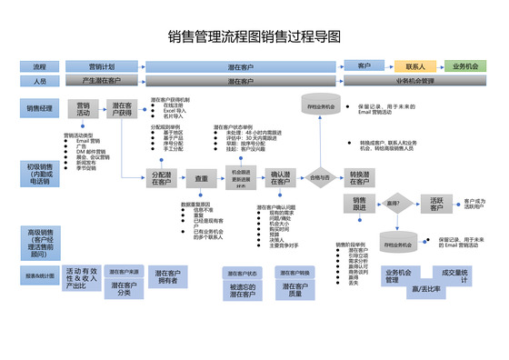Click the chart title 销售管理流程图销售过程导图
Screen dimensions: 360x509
254,37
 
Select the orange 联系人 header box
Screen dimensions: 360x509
415,66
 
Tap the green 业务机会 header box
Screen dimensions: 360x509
466,66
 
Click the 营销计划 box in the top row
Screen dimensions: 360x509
102,66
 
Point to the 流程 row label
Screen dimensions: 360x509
40,66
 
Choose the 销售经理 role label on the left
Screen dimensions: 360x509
40,108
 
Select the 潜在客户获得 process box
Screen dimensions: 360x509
122,109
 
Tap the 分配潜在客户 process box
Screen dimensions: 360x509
162,177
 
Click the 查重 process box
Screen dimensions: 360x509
202,177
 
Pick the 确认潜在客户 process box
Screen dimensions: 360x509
280,177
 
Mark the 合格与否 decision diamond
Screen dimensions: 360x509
319,178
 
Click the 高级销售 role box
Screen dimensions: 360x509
40,242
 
